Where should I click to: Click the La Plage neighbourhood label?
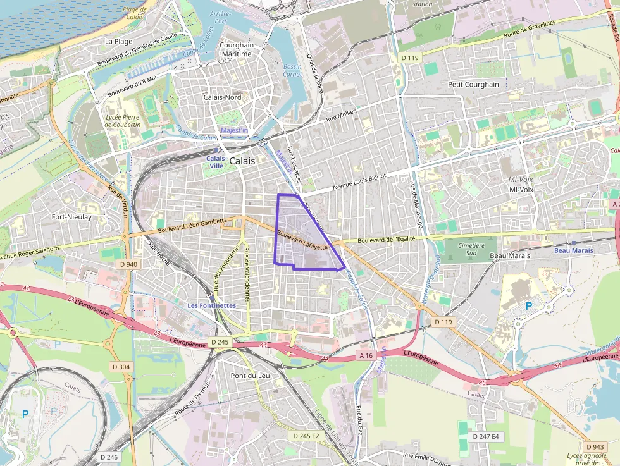tap(118, 41)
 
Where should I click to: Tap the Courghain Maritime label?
tap(235, 49)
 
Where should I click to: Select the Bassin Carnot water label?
tap(292, 70)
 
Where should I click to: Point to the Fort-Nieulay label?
tap(71, 217)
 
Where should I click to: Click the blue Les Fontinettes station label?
tap(211, 305)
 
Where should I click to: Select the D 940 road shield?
tap(127, 264)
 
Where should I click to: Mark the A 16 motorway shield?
tap(366, 355)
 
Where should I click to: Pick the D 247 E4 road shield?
tap(486, 436)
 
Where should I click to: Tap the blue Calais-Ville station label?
tap(216, 162)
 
